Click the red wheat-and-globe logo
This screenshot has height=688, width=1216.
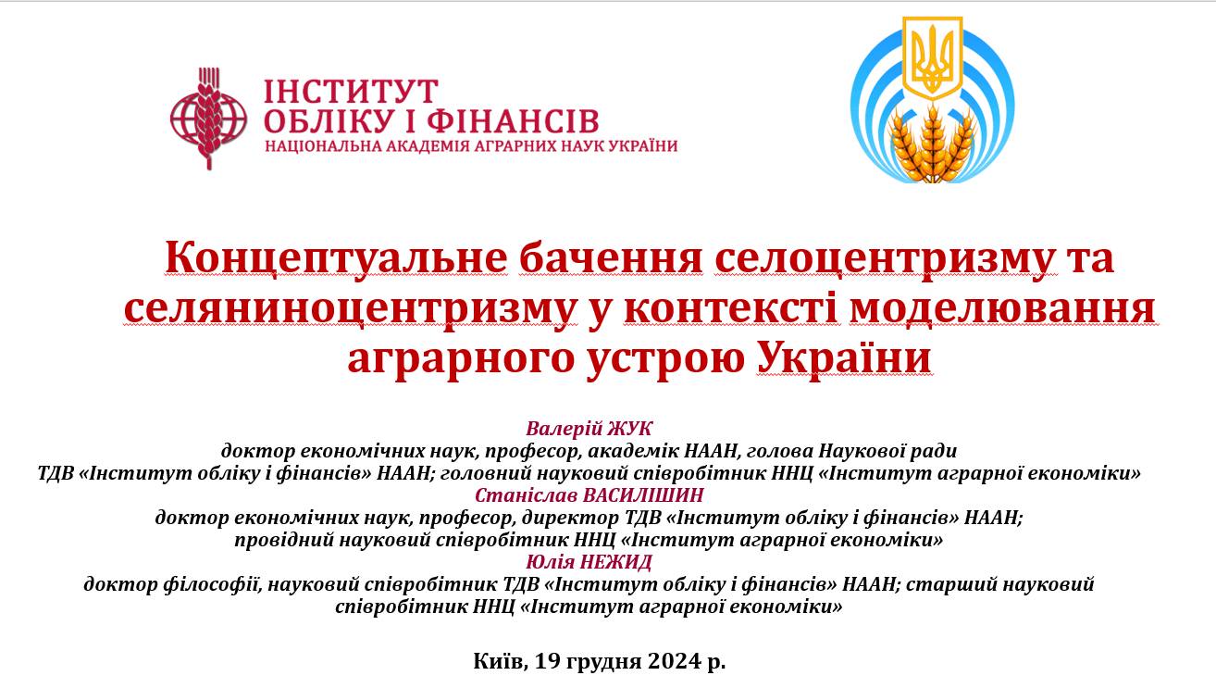pyautogui.click(x=208, y=118)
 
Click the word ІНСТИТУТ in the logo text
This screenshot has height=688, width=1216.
pyautogui.click(x=351, y=92)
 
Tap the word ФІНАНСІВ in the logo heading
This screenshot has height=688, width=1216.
pyautogui.click(x=513, y=121)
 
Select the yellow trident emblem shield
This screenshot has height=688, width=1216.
pyautogui.click(x=932, y=58)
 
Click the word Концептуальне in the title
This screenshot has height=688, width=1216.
pyautogui.click(x=337, y=258)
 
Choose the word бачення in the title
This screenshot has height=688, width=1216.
pyautogui.click(x=611, y=258)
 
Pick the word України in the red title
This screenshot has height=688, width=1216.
pyautogui.click(x=844, y=357)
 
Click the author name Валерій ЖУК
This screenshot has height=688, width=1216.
pyautogui.click(x=589, y=429)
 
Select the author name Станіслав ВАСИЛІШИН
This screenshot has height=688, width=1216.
pyautogui.click(x=589, y=495)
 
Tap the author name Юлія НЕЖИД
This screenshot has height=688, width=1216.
pyautogui.click(x=589, y=562)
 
